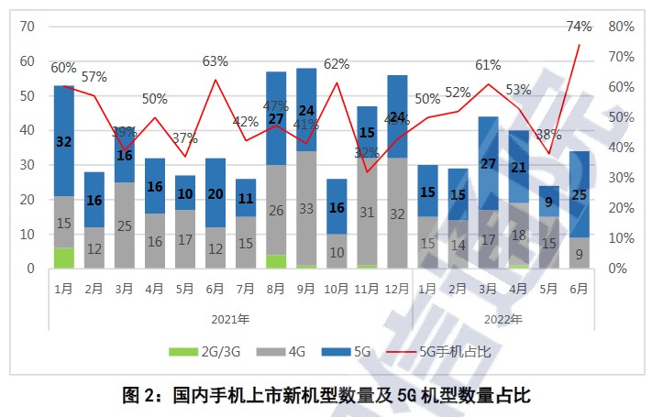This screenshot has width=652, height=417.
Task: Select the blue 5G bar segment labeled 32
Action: (x=63, y=141)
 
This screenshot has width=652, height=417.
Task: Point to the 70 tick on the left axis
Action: (x=27, y=27)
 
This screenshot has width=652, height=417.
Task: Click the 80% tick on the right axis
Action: (x=622, y=27)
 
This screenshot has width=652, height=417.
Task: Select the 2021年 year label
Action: (x=229, y=320)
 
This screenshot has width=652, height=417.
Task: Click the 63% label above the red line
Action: (x=215, y=61)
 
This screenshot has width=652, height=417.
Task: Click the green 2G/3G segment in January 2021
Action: (x=63, y=258)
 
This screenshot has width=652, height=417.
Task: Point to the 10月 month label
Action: (x=336, y=287)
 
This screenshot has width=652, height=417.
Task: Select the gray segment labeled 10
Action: (x=336, y=251)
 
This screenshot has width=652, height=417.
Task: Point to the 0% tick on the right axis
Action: (x=617, y=269)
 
